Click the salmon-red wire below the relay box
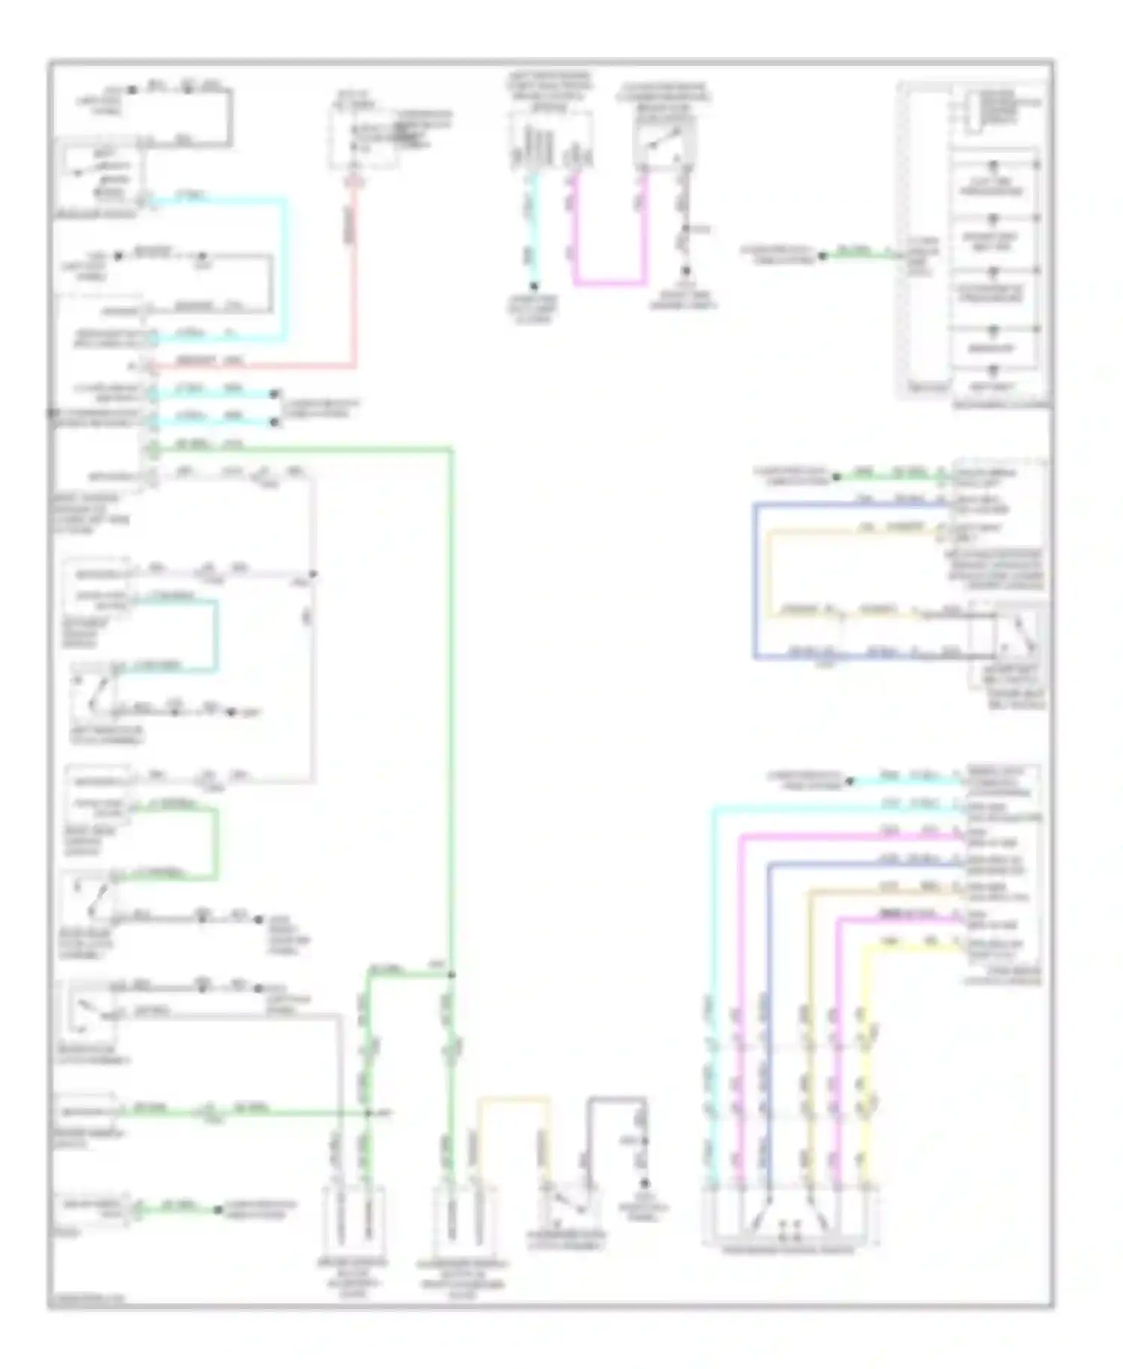tap(354, 285)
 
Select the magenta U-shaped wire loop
tap(610, 283)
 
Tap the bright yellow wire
tap(868, 1048)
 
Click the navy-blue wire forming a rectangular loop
tap(755, 584)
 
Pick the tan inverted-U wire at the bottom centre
tap(514, 1099)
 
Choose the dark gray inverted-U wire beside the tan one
tap(616, 1099)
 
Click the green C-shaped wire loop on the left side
tap(216, 843)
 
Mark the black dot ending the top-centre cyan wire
tap(534, 286)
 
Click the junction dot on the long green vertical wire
tap(451, 974)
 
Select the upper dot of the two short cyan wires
tap(275, 394)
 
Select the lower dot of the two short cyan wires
tap(275, 422)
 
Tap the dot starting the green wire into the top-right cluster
tap(822, 256)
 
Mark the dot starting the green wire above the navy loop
tap(836, 476)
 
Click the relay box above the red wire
tap(365, 135)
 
